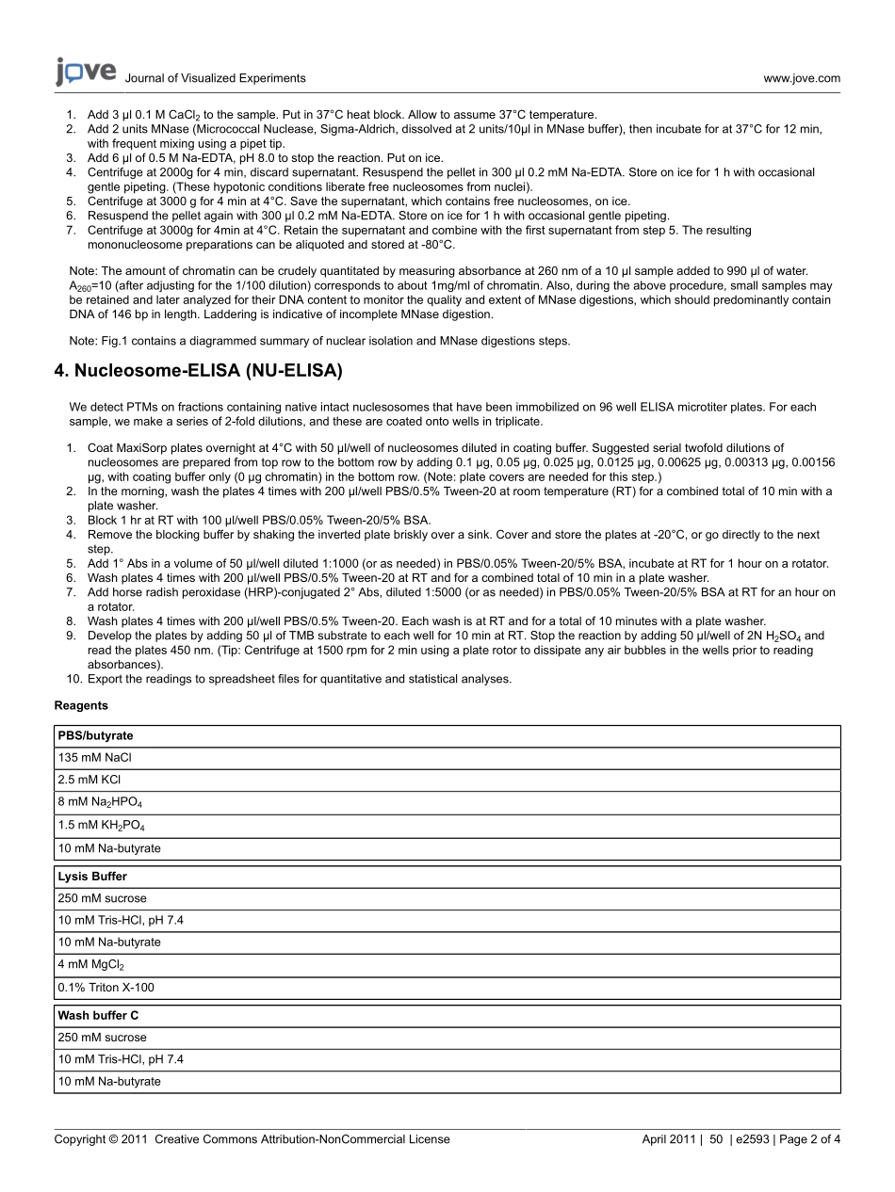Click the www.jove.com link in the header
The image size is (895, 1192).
[802, 79]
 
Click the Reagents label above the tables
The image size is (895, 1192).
[81, 705]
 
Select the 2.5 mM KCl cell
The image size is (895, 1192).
[89, 780]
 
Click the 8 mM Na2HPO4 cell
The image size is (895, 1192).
[100, 803]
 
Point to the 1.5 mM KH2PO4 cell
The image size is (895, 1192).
[101, 826]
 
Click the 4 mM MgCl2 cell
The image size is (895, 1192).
[91, 965]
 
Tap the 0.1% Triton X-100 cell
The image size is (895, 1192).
[106, 988]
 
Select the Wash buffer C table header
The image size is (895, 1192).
[98, 1016]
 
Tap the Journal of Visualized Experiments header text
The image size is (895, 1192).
[215, 79]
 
